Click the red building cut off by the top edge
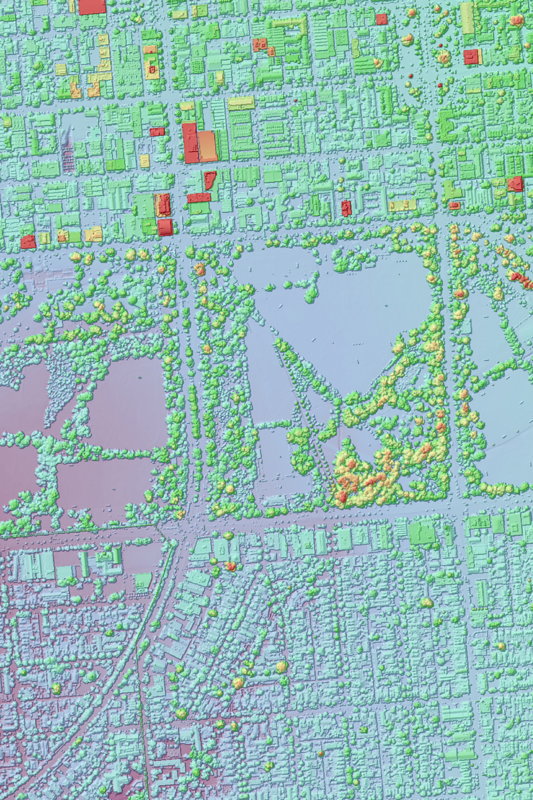[x=92, y=6]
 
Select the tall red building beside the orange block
[x=191, y=143]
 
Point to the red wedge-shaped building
[x=209, y=179]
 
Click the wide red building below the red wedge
[x=199, y=197]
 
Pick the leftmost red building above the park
[x=28, y=242]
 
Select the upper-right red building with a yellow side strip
[x=472, y=57]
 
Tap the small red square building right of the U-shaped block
[x=381, y=19]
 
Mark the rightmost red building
[x=515, y=183]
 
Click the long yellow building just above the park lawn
[x=402, y=205]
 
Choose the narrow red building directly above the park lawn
[x=346, y=208]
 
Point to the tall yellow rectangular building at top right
[x=467, y=17]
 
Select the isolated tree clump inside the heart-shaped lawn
[x=308, y=289]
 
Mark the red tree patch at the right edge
[x=520, y=278]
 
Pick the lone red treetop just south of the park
[x=231, y=566]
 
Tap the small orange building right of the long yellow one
[x=456, y=205]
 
